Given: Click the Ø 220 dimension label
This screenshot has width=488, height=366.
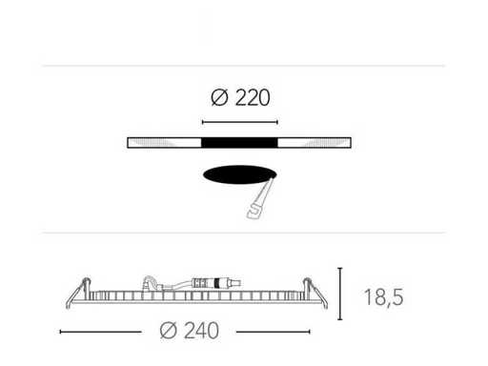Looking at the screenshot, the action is click(x=240, y=97).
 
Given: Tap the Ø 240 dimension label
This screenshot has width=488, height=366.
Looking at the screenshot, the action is click(x=190, y=331).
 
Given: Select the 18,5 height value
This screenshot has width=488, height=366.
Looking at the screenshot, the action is click(x=383, y=297).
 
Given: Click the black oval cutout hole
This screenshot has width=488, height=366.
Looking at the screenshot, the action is click(x=240, y=174).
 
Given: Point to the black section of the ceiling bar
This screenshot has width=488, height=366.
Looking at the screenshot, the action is click(x=239, y=143).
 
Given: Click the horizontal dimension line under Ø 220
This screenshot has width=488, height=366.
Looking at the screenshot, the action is click(x=240, y=122).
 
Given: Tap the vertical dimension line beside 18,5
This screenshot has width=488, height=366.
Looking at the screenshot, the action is click(x=340, y=294).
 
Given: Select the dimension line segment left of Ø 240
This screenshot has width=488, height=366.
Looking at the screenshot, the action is click(x=100, y=332).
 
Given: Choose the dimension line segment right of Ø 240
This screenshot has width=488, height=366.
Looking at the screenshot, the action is click(x=273, y=332).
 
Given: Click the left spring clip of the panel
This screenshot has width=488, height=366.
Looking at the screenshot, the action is click(x=78, y=293).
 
